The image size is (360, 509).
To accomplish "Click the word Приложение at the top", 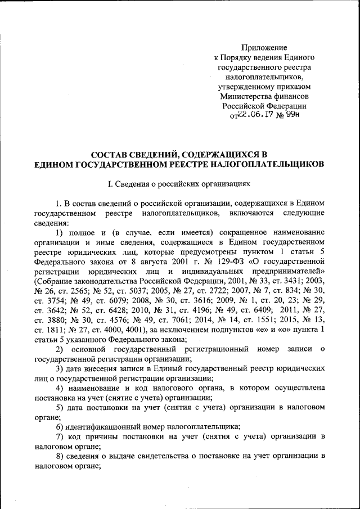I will [264, 48].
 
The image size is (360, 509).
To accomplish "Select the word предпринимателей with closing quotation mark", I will [287, 271].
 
